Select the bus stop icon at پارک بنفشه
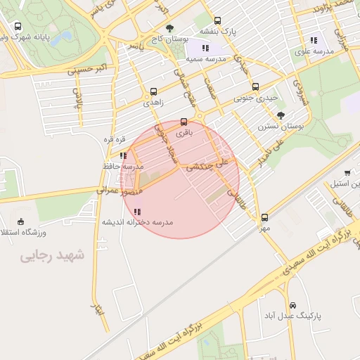click(217, 21)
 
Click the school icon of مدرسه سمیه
click(205, 48)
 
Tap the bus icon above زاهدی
click(154, 91)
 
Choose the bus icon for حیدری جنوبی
click(255, 87)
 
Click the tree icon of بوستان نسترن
click(281, 115)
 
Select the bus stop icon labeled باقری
click(184, 121)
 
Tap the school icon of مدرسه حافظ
click(124, 155)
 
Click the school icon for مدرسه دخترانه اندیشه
click(137, 211)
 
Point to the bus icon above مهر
click(264, 217)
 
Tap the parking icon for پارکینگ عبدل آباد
click(292, 306)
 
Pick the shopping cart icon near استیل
click(347, 172)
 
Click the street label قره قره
click(115, 139)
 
